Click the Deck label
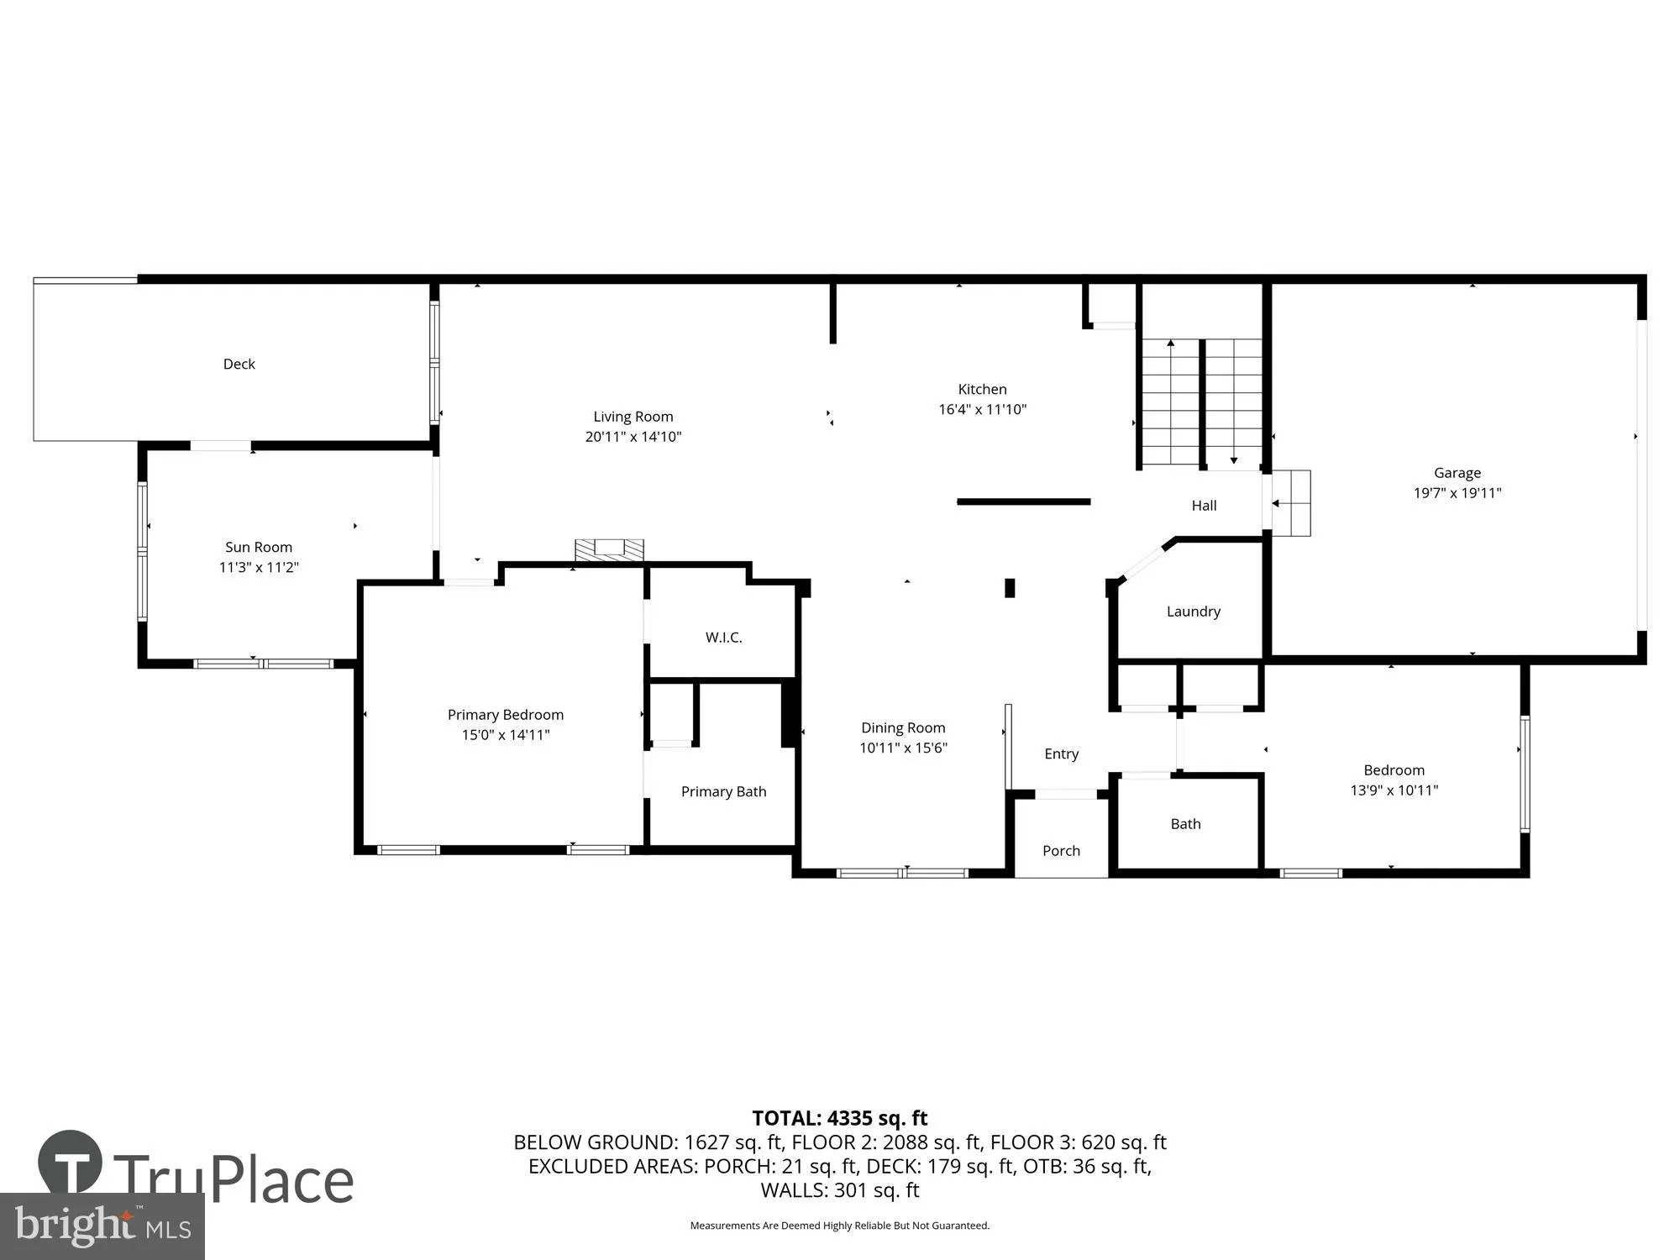(239, 364)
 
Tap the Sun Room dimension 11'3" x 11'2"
(259, 567)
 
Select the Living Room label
(633, 417)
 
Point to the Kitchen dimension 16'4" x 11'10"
(982, 409)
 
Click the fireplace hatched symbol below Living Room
(609, 549)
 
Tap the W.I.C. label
(723, 638)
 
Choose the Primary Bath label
(723, 791)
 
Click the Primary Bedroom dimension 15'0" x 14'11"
(505, 735)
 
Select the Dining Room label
(903, 727)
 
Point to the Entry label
(1061, 753)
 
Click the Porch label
(1061, 851)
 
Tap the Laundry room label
(1193, 612)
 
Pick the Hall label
(1204, 505)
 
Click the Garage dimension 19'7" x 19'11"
(1457, 493)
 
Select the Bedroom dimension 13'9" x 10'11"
(1394, 790)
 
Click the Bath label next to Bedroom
(1185, 824)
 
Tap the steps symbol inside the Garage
(1291, 503)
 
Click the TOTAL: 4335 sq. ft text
(839, 1118)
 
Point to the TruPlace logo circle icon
(71, 1163)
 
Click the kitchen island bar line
(1023, 501)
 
